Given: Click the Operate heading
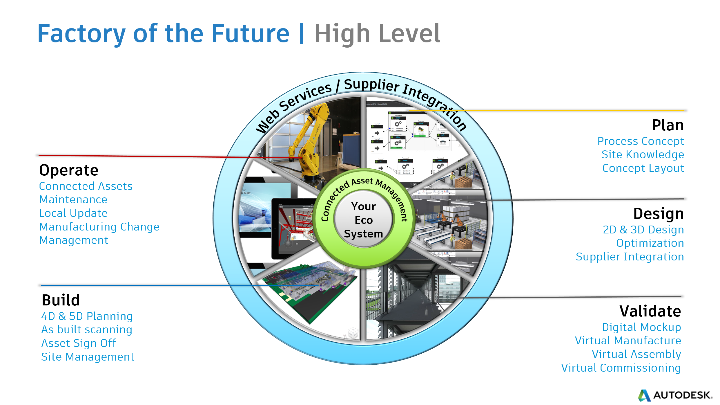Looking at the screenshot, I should click(x=69, y=170).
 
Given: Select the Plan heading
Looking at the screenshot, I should click(x=668, y=125).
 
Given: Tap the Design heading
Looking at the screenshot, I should click(x=658, y=214).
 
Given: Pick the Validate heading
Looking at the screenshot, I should click(x=650, y=311).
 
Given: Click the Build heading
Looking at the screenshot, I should click(x=61, y=300).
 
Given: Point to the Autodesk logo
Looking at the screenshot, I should click(x=675, y=395).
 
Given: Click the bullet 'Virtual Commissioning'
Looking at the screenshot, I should click(x=621, y=368).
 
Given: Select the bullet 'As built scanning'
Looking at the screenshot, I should click(x=87, y=330).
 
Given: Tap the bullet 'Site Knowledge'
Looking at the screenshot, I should click(x=643, y=154).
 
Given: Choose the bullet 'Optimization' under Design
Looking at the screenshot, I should click(x=650, y=243).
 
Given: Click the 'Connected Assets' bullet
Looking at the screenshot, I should click(x=86, y=186).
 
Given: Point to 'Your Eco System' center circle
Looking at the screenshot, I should click(x=363, y=220).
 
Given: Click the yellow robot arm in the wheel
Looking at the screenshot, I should click(x=307, y=139).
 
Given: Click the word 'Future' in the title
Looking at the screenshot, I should click(x=251, y=34).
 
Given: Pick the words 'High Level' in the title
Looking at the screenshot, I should click(x=377, y=34).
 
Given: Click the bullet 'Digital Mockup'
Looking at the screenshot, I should click(x=641, y=327).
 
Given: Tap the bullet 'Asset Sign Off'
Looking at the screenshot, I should click(x=79, y=343).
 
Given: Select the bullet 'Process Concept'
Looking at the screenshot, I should click(x=641, y=141).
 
